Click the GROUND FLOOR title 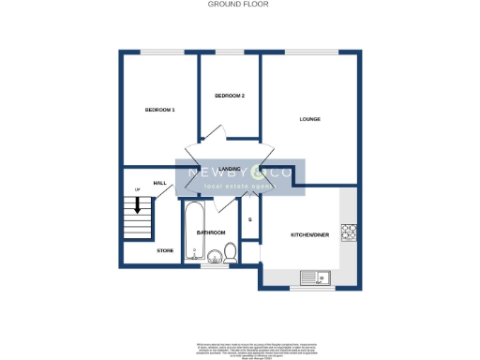[x=239, y=5]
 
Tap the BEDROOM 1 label [x=160, y=110]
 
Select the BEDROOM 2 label [x=230, y=96]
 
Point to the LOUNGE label [x=310, y=119]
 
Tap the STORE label [x=165, y=250]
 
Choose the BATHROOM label [x=211, y=232]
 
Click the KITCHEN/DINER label [x=307, y=234]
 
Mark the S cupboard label [x=249, y=220]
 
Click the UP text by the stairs [x=138, y=190]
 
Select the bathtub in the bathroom [x=195, y=230]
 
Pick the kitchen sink [x=312, y=277]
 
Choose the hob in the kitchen [x=349, y=232]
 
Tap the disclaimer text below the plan [x=239, y=350]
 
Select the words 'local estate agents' [x=239, y=188]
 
